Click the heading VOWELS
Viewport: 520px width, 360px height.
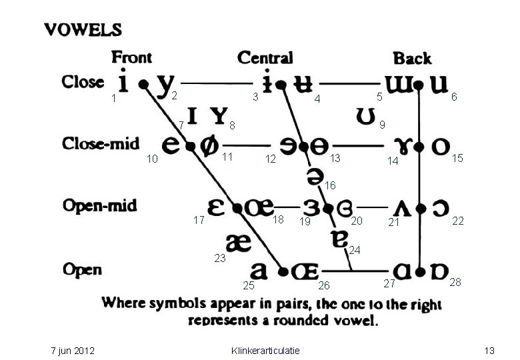coord(83,30)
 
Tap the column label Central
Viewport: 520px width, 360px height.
coord(265,58)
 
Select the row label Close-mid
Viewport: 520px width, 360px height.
coord(101,143)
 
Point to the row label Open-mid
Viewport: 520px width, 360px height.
coord(100,205)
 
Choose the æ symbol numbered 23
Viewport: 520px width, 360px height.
coord(239,243)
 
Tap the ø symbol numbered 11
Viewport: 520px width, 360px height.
coord(209,146)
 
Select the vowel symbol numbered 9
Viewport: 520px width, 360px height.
coord(365,117)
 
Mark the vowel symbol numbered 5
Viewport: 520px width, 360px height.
coord(399,85)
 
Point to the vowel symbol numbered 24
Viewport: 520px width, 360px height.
coord(340,239)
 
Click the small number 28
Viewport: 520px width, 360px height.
coord(455,282)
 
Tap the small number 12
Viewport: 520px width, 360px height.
coord(271,159)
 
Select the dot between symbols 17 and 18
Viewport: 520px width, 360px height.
coord(237,208)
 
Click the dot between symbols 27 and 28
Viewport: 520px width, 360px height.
coord(420,272)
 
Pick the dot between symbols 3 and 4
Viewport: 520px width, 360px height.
coord(281,85)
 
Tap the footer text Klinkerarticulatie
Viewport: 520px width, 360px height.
coord(265,351)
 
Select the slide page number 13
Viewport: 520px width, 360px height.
coord(489,351)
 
